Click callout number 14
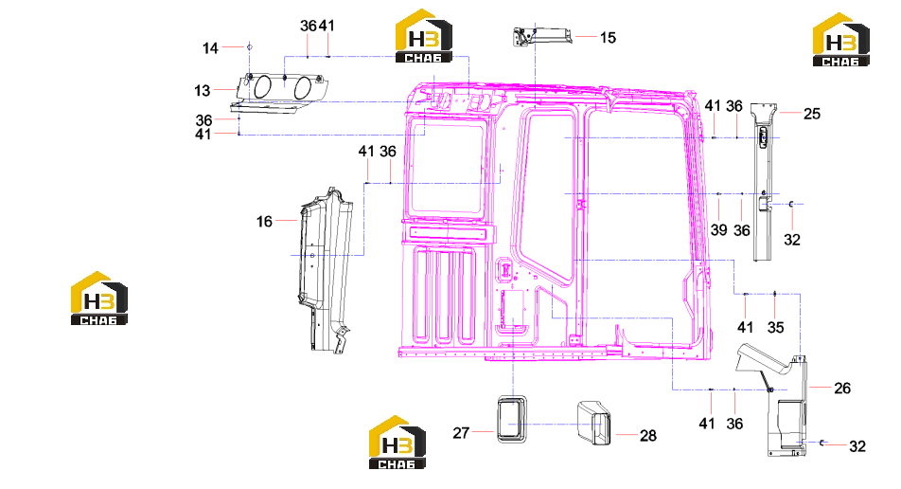click(x=210, y=48)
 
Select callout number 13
click(x=203, y=90)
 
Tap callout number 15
click(x=608, y=37)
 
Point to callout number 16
click(x=264, y=222)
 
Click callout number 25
click(x=812, y=114)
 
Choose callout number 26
click(x=842, y=389)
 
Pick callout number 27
click(x=461, y=433)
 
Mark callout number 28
click(x=648, y=436)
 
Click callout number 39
click(x=719, y=230)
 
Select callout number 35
click(x=776, y=327)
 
